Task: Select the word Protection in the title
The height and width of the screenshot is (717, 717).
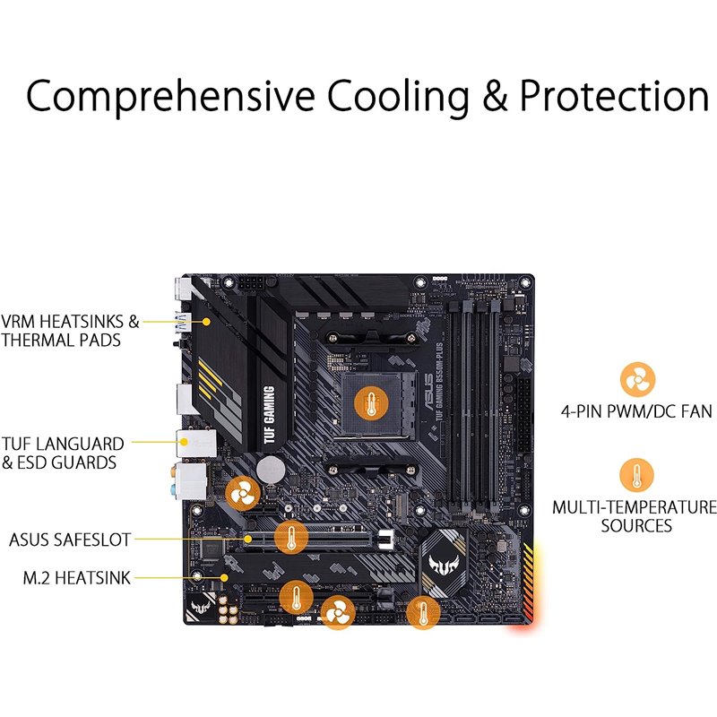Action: pyautogui.click(x=615, y=97)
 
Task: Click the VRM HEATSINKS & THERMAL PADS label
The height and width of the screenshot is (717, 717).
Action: pyautogui.click(x=71, y=331)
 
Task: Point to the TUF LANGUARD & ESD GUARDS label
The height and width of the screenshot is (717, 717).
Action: pyautogui.click(x=63, y=453)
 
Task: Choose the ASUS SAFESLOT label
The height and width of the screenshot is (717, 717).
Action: pyautogui.click(x=70, y=540)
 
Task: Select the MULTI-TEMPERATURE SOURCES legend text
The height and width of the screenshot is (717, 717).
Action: pyautogui.click(x=635, y=516)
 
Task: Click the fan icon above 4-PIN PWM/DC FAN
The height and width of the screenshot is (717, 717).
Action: pyautogui.click(x=636, y=380)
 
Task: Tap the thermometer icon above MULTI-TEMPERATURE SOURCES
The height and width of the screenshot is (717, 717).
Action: pyautogui.click(x=636, y=475)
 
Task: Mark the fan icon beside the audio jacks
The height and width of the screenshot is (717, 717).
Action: pyautogui.click(x=242, y=492)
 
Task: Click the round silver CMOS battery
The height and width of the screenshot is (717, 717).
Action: pyautogui.click(x=272, y=468)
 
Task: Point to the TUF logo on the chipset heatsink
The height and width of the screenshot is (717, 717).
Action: pyautogui.click(x=445, y=561)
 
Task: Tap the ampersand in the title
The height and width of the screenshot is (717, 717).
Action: pyautogui.click(x=492, y=97)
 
